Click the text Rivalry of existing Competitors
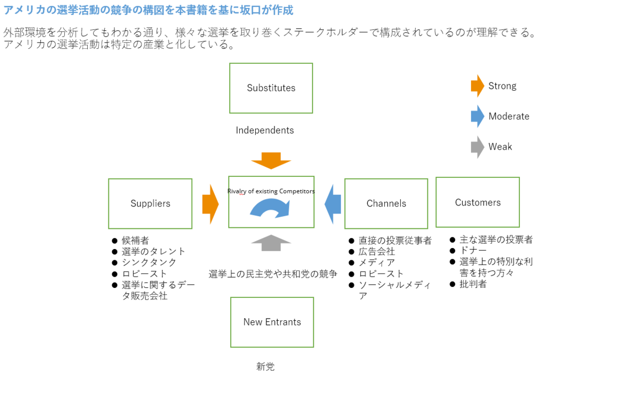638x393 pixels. (271, 191)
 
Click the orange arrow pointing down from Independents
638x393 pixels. (271, 161)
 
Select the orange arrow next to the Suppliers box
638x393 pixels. (211, 204)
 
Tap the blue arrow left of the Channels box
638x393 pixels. (333, 204)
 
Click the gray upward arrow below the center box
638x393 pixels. (271, 243)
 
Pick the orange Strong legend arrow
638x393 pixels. (477, 86)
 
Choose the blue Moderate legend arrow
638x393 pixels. (477, 116)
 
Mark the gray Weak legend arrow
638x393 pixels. (477, 147)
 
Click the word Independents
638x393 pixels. (265, 130)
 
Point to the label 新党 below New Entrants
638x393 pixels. (265, 366)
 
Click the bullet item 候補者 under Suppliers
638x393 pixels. (135, 241)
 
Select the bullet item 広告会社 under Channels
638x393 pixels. (376, 252)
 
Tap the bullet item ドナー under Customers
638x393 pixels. (473, 251)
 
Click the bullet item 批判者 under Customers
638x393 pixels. (473, 284)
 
